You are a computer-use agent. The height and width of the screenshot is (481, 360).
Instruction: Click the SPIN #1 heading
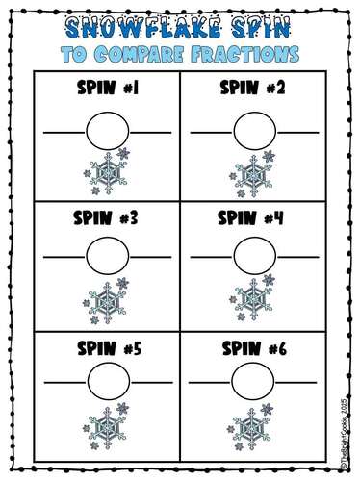click(x=107, y=92)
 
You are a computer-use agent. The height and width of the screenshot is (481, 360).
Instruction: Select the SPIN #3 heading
click(x=107, y=217)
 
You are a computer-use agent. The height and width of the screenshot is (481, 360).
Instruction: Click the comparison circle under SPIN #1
click(x=106, y=129)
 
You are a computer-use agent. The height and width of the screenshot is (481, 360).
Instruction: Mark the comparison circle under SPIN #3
click(x=106, y=255)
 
